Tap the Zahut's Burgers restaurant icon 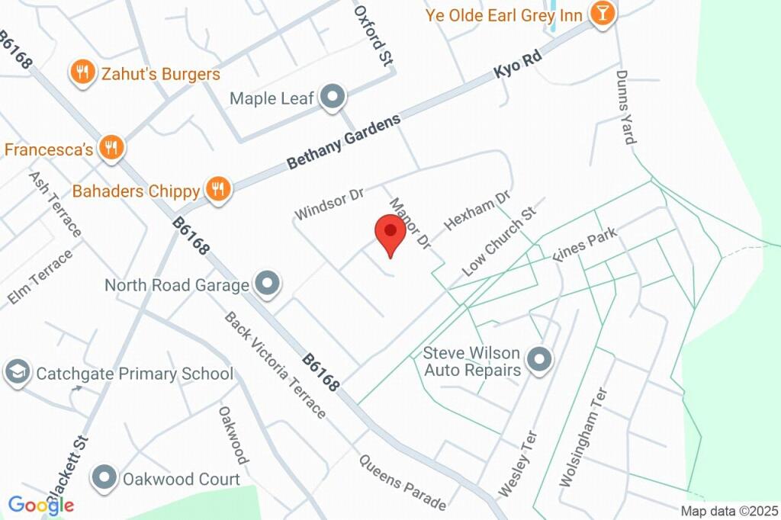(81, 73)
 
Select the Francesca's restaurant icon (112, 148)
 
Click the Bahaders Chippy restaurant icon (218, 190)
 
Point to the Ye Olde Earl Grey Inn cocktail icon (602, 14)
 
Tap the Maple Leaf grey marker (333, 98)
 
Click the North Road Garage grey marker (267, 284)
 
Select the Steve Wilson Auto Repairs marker (540, 359)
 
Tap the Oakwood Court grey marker (103, 478)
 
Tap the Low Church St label (500, 241)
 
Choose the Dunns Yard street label (625, 108)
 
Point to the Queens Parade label (402, 483)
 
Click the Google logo (41, 505)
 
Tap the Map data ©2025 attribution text (729, 511)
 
